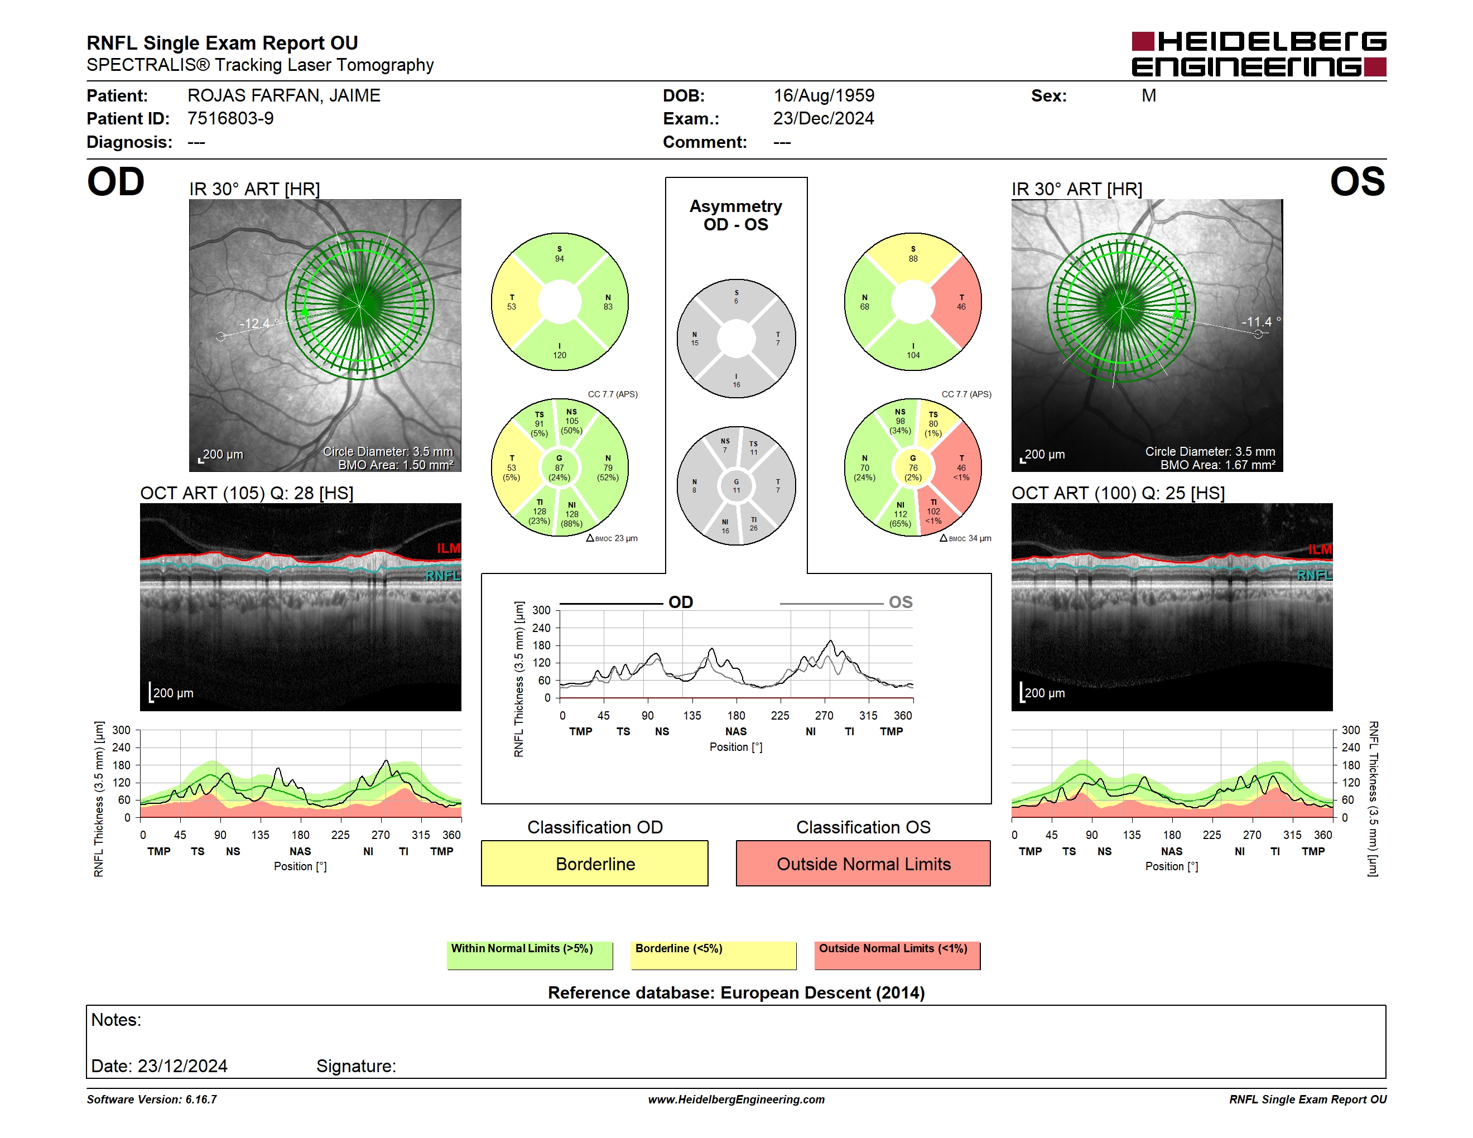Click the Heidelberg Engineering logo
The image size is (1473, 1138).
(x=1259, y=54)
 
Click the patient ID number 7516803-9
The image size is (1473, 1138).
(x=230, y=119)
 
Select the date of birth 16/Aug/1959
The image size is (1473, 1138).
(x=824, y=96)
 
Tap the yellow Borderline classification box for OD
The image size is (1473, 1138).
(x=595, y=863)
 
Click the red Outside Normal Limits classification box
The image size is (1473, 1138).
(x=863, y=863)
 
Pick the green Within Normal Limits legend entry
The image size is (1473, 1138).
(x=529, y=955)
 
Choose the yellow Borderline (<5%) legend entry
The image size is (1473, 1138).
(x=714, y=955)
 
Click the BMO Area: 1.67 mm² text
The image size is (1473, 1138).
(x=1217, y=465)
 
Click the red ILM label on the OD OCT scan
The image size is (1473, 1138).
(x=449, y=548)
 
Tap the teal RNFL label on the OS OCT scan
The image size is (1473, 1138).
(x=1315, y=575)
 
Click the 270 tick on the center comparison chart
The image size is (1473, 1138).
(x=824, y=715)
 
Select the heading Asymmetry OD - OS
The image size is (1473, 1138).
(x=736, y=215)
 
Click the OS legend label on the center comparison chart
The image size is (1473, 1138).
(x=901, y=602)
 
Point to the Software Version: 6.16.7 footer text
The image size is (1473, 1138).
(x=152, y=1100)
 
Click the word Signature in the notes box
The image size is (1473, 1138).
(x=356, y=1066)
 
